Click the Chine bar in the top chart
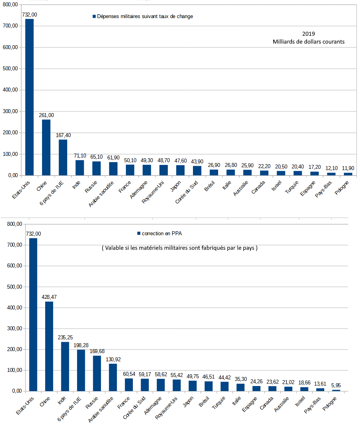(x=46, y=147)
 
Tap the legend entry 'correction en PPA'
(x=159, y=233)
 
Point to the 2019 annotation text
(x=309, y=34)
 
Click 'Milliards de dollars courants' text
(x=309, y=42)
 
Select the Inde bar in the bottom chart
(x=65, y=366)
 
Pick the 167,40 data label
(x=63, y=135)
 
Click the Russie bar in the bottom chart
(x=97, y=373)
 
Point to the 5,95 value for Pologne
(x=336, y=385)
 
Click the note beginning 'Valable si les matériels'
(x=180, y=248)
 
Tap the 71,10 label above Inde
(x=80, y=156)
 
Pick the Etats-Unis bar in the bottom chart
(x=33, y=314)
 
